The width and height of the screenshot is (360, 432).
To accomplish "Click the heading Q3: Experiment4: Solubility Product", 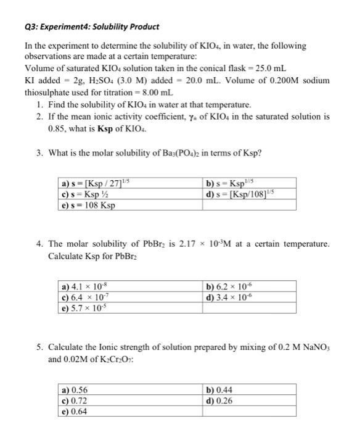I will (91, 27).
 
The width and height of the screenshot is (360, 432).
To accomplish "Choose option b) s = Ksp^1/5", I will (227, 183).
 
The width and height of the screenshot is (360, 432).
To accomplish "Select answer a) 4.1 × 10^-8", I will (86, 286).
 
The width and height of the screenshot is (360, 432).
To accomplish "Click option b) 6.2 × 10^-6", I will (228, 286).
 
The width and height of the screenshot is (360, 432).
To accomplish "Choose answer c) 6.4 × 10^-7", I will (86, 297).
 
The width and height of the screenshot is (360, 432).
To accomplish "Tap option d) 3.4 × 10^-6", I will (228, 297).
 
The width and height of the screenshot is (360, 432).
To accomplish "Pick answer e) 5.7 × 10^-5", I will (86, 307).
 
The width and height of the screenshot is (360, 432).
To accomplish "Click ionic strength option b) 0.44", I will (220, 389).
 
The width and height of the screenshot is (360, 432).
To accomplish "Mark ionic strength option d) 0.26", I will (220, 400).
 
